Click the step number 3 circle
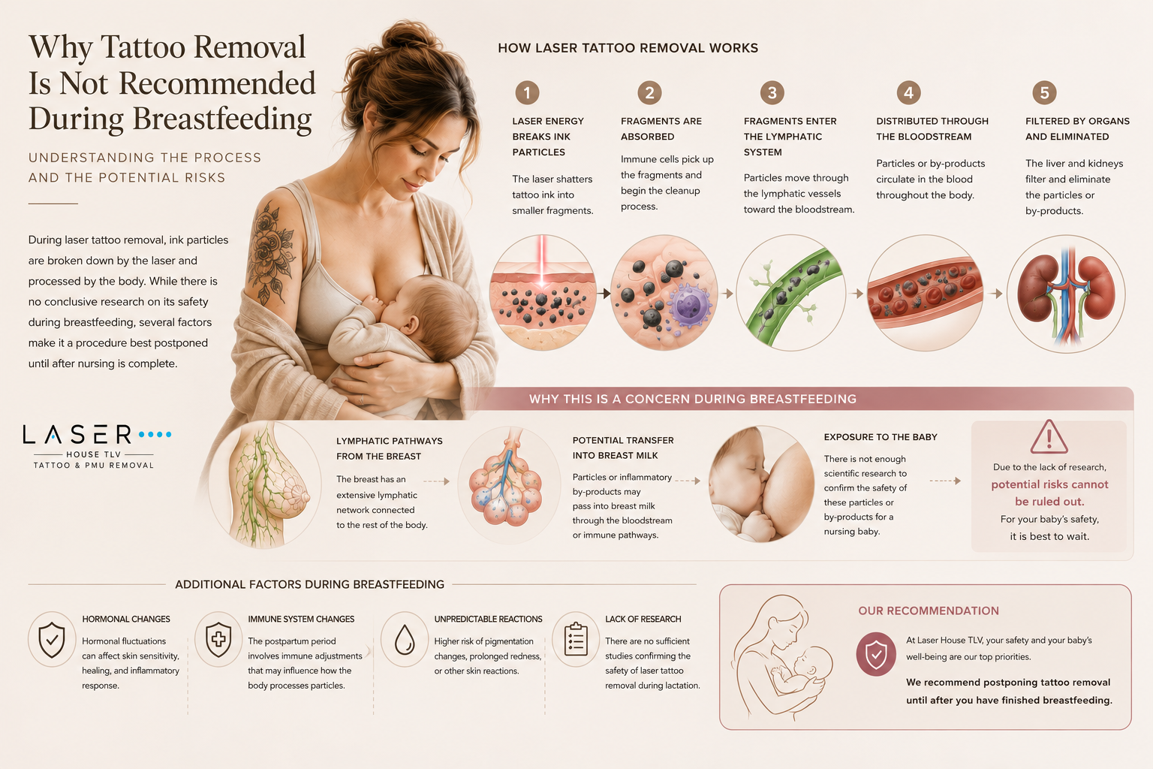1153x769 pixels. click(x=772, y=92)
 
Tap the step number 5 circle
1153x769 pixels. click(x=1044, y=92)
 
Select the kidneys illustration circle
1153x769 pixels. click(x=1066, y=294)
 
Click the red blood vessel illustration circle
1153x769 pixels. click(x=925, y=293)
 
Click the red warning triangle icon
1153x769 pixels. click(x=1049, y=437)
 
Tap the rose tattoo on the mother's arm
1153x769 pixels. click(x=271, y=252)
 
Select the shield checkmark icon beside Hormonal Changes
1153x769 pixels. click(x=52, y=639)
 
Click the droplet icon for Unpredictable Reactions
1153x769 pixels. click(x=405, y=639)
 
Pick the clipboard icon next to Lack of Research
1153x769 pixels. click(x=576, y=639)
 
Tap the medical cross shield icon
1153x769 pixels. click(x=218, y=639)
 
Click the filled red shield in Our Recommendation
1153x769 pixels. click(x=876, y=653)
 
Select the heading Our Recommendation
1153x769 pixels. click(x=929, y=611)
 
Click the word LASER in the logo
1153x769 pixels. click(x=77, y=435)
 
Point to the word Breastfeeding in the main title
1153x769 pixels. click(x=222, y=119)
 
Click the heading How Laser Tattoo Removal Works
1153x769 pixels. click(x=628, y=48)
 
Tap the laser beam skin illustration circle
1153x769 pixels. click(x=543, y=293)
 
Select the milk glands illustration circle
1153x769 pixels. click(x=508, y=484)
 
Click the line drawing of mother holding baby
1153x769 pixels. click(x=780, y=656)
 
